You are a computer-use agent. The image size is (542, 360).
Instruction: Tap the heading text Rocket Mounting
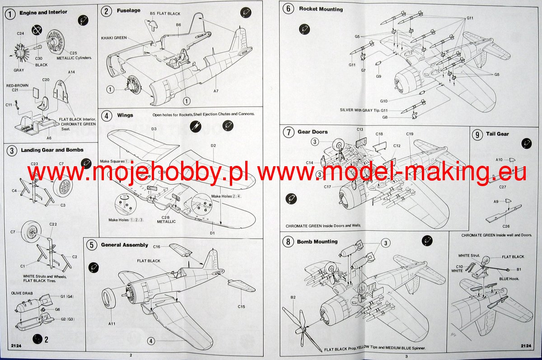pyautogui.click(x=321, y=9)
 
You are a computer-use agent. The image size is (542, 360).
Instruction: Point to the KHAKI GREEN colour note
pyautogui.click(x=114, y=38)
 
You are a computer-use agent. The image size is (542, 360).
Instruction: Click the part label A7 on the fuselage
pyautogui.click(x=216, y=91)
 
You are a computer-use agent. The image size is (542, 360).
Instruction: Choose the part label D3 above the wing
pyautogui.click(x=154, y=129)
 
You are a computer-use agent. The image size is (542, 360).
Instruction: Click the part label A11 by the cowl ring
pyautogui.click(x=112, y=323)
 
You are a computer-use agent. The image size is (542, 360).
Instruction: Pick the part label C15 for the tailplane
pyautogui.click(x=241, y=307)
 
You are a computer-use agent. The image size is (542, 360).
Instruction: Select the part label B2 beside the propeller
pyautogui.click(x=293, y=297)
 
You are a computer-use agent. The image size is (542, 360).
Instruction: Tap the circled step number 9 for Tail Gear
pyautogui.click(x=477, y=134)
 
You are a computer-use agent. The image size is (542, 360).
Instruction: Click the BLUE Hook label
pyautogui.click(x=509, y=279)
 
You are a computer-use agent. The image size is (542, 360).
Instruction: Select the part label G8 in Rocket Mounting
pyautogui.click(x=385, y=117)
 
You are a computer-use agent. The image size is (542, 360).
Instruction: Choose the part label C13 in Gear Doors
pyautogui.click(x=360, y=130)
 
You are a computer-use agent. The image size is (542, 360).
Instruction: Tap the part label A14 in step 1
pyautogui.click(x=71, y=72)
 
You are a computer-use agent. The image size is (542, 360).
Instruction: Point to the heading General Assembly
pyautogui.click(x=124, y=245)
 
